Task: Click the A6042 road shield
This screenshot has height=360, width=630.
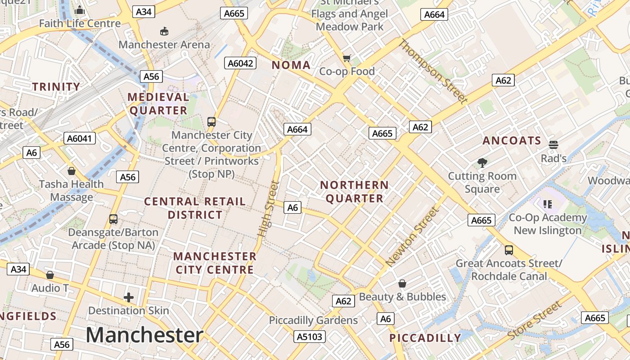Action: pos(240,63)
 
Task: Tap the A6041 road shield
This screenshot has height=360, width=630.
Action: pos(80,138)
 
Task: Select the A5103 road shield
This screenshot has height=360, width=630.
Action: pos(310,336)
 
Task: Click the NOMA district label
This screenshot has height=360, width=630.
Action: pos(291,65)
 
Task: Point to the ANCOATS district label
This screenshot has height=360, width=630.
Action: pos(512,141)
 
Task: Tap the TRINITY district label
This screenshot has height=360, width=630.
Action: pos(56,87)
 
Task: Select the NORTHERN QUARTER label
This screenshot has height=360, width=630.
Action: pos(354,192)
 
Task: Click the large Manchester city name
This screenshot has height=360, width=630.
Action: pos(144,335)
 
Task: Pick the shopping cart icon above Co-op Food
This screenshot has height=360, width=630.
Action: pos(346,58)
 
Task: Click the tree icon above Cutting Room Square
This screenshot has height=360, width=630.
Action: pos(482,162)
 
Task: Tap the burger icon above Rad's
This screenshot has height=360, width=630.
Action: pos(553,145)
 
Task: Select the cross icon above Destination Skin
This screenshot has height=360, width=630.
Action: pos(129,297)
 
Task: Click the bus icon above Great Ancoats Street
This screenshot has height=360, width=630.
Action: pos(509,250)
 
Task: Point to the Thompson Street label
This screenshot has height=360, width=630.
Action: pos(433,72)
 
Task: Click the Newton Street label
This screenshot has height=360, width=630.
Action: pos(412,236)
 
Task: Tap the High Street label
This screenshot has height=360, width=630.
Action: pos(269,209)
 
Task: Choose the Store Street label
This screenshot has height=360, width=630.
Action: pos(535,320)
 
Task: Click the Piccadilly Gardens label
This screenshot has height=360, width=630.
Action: pos(313,320)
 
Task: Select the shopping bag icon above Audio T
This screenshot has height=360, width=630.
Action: pos(50,275)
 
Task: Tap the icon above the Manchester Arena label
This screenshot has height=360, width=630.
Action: pos(164,31)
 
